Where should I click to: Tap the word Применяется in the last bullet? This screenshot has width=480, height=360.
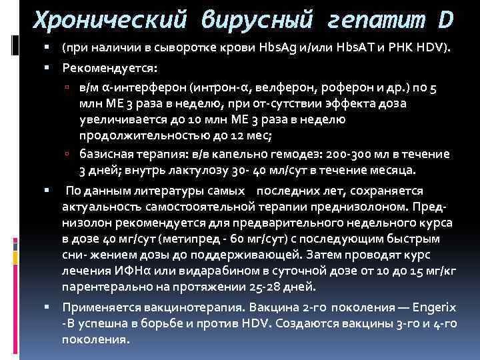point(97,308)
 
